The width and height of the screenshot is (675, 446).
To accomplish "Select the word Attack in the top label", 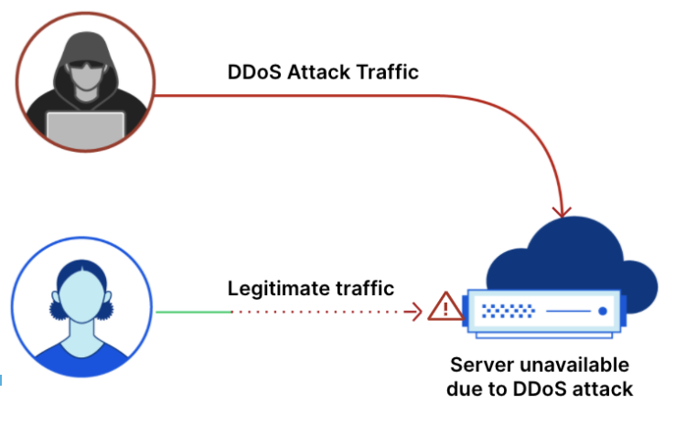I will tap(319, 72).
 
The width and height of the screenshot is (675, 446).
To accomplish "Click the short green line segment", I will tap(192, 312).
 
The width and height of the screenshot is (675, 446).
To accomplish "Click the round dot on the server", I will tap(603, 312).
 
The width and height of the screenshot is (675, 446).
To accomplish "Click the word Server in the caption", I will tap(478, 365).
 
